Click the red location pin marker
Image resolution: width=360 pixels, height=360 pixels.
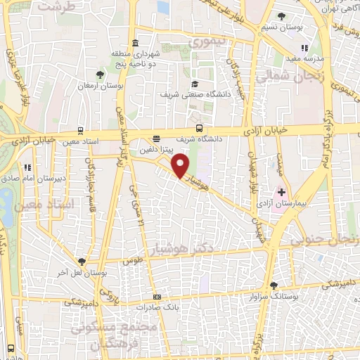click(181, 165)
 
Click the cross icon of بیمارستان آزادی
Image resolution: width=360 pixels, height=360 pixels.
click(282, 192)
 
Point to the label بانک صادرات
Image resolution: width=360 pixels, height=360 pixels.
click(155, 307)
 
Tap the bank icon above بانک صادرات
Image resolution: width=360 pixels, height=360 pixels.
click(156, 296)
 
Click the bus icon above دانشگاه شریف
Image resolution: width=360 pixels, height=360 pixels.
click(200, 128)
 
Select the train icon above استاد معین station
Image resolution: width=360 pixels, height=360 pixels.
click(80, 131)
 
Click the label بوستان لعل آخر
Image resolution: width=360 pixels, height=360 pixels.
click(82, 271)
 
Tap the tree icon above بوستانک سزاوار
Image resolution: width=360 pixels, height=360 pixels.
click(272, 285)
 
